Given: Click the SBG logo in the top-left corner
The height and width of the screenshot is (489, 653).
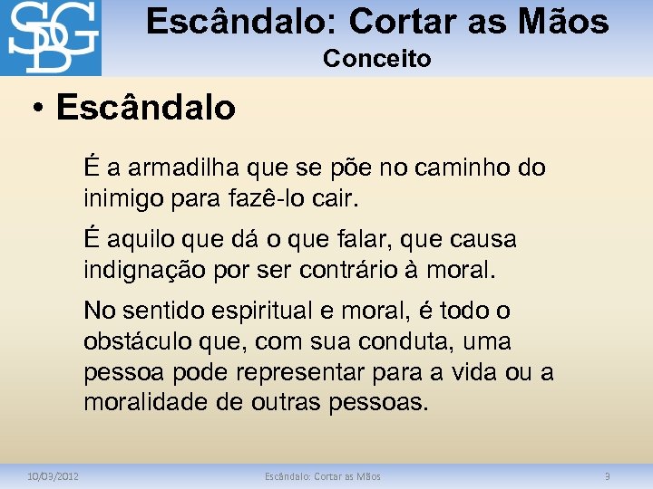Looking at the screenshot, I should pyautogui.click(x=51, y=38).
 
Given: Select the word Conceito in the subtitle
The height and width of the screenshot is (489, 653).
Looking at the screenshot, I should pyautogui.click(x=376, y=59).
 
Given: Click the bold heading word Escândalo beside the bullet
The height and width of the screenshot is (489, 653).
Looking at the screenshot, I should pyautogui.click(x=145, y=108).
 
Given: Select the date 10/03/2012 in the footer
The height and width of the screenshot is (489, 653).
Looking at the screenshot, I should pyautogui.click(x=54, y=476).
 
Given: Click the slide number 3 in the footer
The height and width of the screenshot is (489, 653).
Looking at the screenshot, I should pyautogui.click(x=608, y=476).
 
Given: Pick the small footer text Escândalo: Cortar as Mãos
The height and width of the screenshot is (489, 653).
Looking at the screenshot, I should pyautogui.click(x=322, y=476).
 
